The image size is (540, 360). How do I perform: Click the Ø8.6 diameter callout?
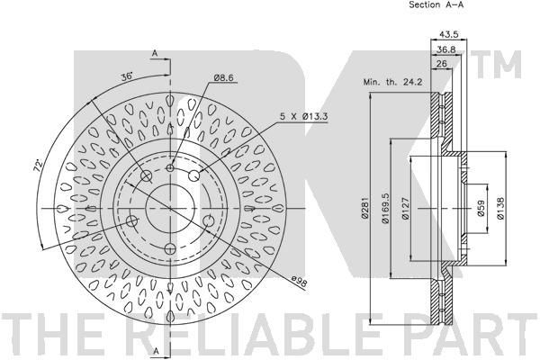point(223,78)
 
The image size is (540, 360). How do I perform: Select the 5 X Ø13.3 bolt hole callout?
point(303,116)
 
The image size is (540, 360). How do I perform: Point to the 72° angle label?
point(38,166)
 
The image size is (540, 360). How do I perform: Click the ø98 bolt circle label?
point(299,282)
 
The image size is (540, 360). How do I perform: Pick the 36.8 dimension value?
point(446,49)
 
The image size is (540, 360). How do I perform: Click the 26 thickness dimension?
point(442,63)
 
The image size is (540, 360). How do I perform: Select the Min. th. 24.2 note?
point(393,82)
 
